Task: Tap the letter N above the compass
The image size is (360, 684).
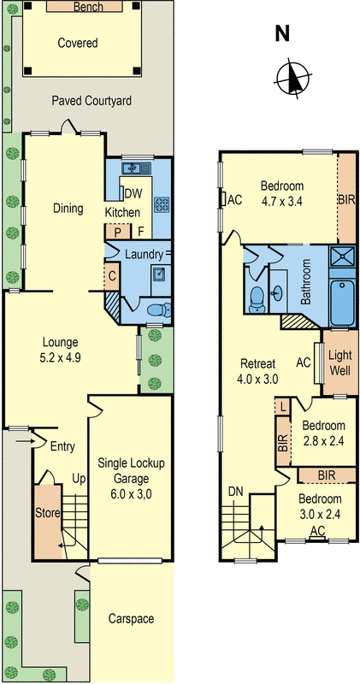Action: click(281, 34)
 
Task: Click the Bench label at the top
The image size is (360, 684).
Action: click(88, 7)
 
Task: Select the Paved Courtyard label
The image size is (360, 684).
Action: click(91, 101)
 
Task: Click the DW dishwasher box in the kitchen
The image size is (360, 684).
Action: click(133, 192)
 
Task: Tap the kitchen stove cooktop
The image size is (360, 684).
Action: click(161, 203)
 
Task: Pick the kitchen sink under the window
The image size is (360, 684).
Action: click(137, 168)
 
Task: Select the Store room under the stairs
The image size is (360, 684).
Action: click(45, 514)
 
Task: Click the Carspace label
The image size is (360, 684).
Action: click(132, 618)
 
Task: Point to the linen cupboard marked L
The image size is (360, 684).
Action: click(283, 406)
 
